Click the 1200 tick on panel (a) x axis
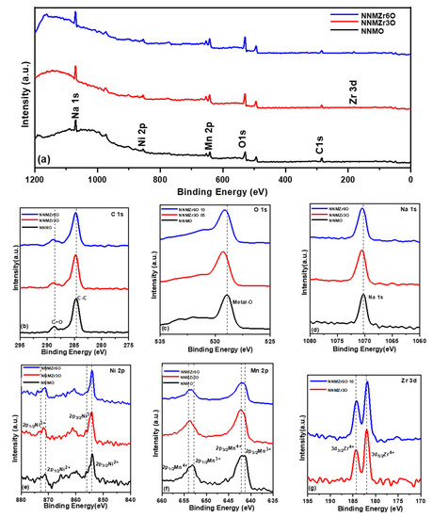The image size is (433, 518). click(35, 179)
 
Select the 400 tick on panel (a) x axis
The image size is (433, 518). click(285, 179)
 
